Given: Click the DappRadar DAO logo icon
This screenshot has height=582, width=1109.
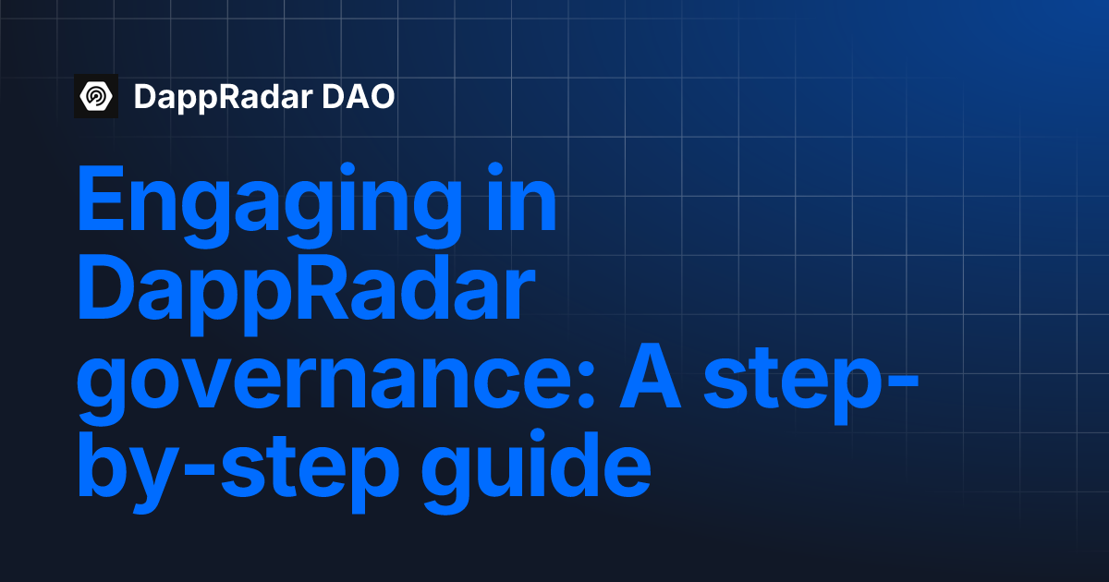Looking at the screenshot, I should coord(96,96).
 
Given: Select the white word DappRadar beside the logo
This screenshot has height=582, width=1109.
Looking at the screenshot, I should coord(219,96).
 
